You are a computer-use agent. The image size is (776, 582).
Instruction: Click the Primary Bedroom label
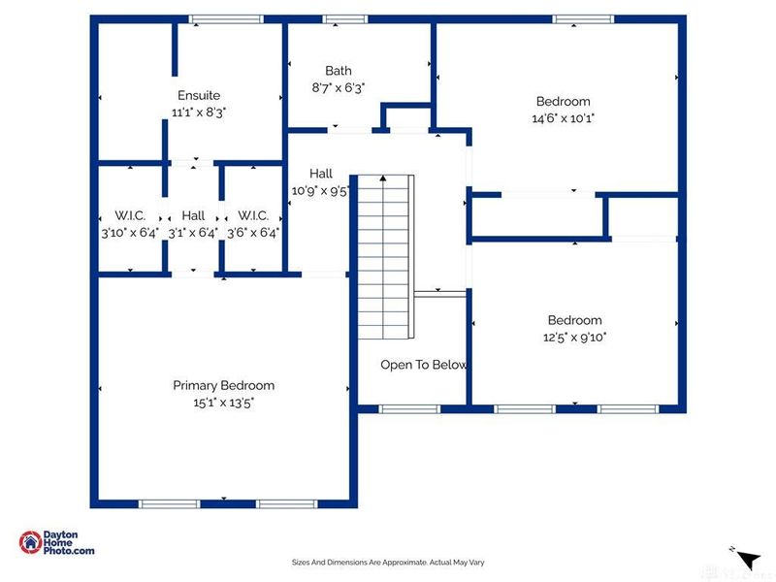pos(224,385)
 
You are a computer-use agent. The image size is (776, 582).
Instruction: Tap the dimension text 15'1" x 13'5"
pos(224,403)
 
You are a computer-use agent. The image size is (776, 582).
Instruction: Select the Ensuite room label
pos(199,95)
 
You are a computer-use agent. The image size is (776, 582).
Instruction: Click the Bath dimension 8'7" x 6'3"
pos(339,87)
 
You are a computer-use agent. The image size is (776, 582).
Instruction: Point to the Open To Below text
pos(424,365)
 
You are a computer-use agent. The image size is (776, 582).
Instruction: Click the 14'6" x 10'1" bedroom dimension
pos(564,118)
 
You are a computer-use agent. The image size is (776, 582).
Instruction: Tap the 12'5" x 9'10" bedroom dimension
pos(574,337)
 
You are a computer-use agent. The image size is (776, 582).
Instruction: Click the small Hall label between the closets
pos(193,215)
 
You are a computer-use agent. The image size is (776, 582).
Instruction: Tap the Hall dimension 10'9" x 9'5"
pos(321,190)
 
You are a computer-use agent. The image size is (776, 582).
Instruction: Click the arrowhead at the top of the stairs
pos(383,178)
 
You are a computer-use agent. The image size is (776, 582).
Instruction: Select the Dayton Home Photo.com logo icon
pos(31,542)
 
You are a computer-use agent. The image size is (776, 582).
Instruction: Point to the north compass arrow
pos(749,560)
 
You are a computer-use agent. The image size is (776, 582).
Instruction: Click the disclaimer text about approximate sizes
pos(388,563)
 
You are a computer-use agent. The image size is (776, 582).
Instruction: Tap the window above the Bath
pos(345,19)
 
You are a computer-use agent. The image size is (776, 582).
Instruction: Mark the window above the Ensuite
pos(226,19)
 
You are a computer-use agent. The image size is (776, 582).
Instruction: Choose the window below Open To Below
pos(409,409)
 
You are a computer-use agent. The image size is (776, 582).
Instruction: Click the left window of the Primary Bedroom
pos(169,503)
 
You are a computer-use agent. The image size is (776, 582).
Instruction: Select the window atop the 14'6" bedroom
pos(584,19)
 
